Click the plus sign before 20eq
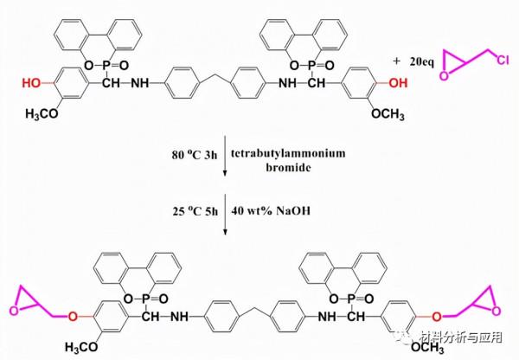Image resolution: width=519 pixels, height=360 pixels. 397,61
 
